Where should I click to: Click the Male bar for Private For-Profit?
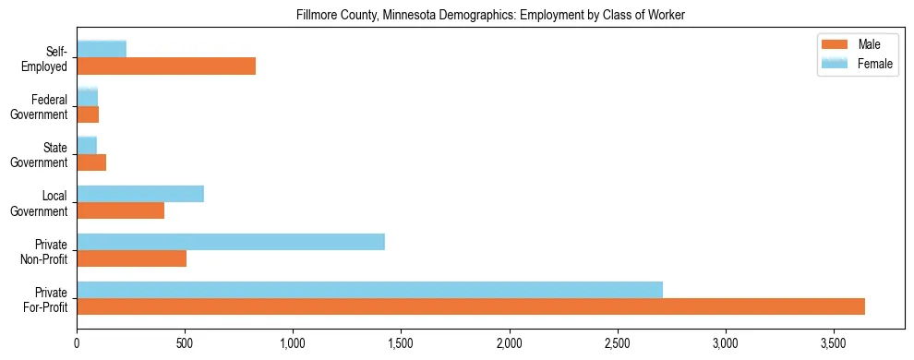(x=471, y=306)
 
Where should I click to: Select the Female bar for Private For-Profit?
(x=369, y=290)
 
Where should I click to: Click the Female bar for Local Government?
(x=140, y=194)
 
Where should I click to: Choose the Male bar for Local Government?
(x=121, y=210)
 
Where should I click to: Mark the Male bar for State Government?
(x=91, y=162)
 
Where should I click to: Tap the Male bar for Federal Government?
(x=88, y=114)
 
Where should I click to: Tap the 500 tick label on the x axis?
(x=185, y=342)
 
